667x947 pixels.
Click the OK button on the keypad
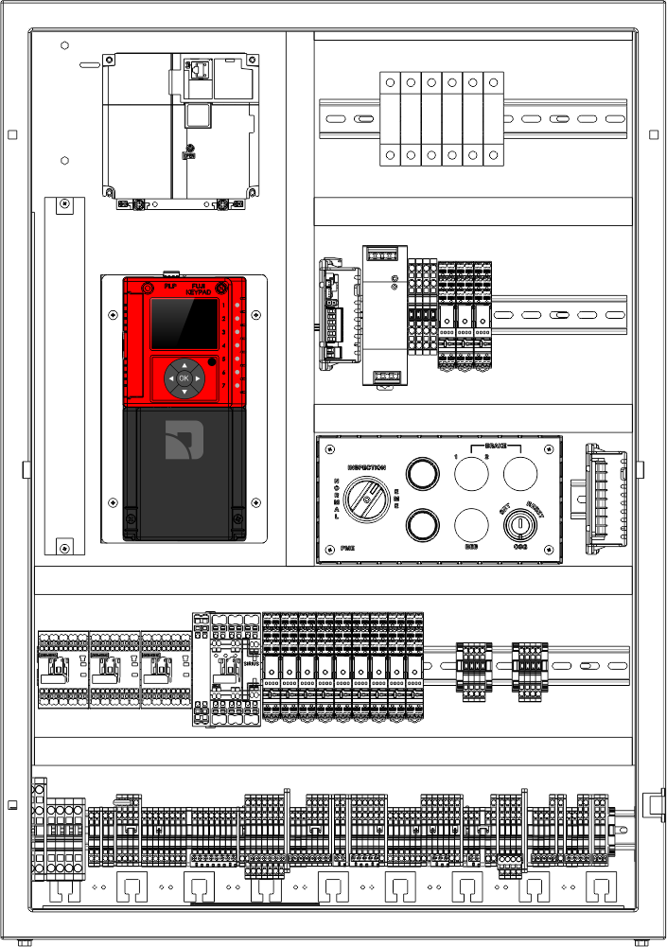pyautogui.click(x=184, y=378)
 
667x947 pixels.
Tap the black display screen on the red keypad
pyautogui.click(x=183, y=324)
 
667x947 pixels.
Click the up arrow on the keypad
pyautogui.click(x=184, y=364)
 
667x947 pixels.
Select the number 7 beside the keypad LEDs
pyautogui.click(x=223, y=386)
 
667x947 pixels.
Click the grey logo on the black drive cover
pyautogui.click(x=184, y=440)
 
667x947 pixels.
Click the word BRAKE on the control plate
pyautogui.click(x=496, y=445)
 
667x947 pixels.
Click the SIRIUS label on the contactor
pyautogui.click(x=251, y=664)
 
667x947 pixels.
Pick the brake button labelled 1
pyautogui.click(x=471, y=472)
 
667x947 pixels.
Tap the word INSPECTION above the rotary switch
pyautogui.click(x=366, y=468)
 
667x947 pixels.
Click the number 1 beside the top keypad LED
pyautogui.click(x=223, y=306)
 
